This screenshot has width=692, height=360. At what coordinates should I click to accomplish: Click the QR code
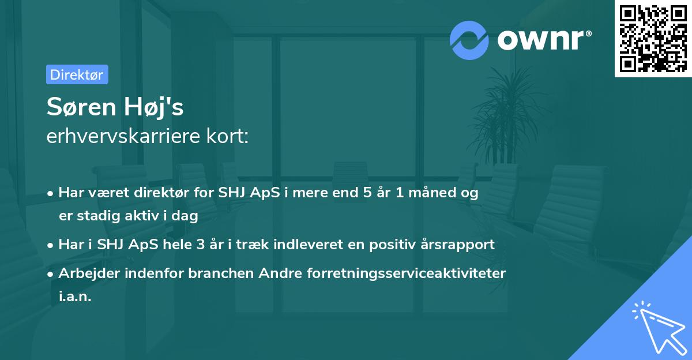pyautogui.click(x=653, y=39)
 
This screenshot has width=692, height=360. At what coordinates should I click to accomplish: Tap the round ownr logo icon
pyautogui.click(x=469, y=39)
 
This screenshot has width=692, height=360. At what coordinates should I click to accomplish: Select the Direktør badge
pyautogui.click(x=76, y=74)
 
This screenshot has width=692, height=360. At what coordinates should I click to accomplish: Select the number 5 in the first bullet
pyautogui.click(x=367, y=193)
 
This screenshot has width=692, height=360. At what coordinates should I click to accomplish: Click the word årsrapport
pyautogui.click(x=459, y=244)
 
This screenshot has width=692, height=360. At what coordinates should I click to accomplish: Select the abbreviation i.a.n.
pyautogui.click(x=75, y=297)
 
